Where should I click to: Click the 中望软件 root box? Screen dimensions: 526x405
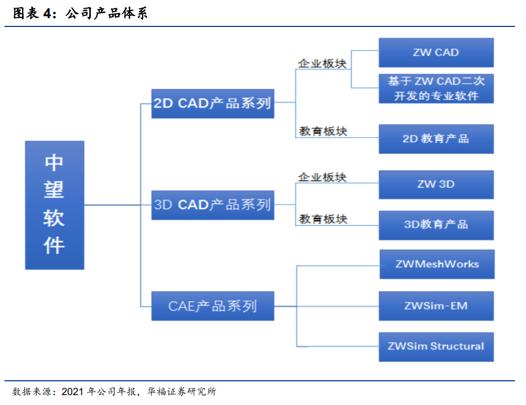[54, 205]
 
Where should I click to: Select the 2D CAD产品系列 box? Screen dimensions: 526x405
[213, 103]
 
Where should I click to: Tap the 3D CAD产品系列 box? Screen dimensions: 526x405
[213, 205]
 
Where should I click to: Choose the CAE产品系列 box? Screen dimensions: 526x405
[213, 306]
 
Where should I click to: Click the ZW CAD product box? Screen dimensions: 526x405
[436, 53]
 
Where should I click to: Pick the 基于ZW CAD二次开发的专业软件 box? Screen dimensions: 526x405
[436, 89]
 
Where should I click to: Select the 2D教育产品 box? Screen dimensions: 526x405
[436, 139]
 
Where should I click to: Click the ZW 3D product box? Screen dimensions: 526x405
[436, 184]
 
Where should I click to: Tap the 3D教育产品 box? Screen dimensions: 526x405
[436, 225]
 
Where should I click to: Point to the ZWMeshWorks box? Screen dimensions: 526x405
[437, 264]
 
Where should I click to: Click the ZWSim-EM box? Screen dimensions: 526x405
[436, 306]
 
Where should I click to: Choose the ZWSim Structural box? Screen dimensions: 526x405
[436, 347]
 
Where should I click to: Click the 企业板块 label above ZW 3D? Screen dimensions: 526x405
[322, 177]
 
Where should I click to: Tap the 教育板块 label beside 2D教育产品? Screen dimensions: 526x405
[323, 131]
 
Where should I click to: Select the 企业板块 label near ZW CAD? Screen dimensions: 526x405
[322, 63]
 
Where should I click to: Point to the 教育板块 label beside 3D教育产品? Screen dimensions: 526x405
[323, 219]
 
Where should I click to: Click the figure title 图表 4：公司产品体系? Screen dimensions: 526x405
[80, 13]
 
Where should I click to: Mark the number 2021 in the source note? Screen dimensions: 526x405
[73, 392]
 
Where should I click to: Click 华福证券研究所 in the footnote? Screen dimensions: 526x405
[182, 392]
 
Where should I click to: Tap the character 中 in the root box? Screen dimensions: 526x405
[54, 163]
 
